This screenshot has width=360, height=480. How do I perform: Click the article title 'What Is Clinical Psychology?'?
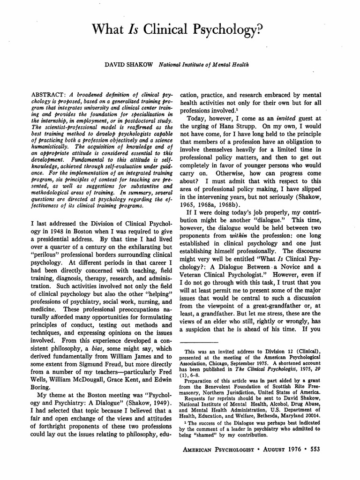tap(180, 30)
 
